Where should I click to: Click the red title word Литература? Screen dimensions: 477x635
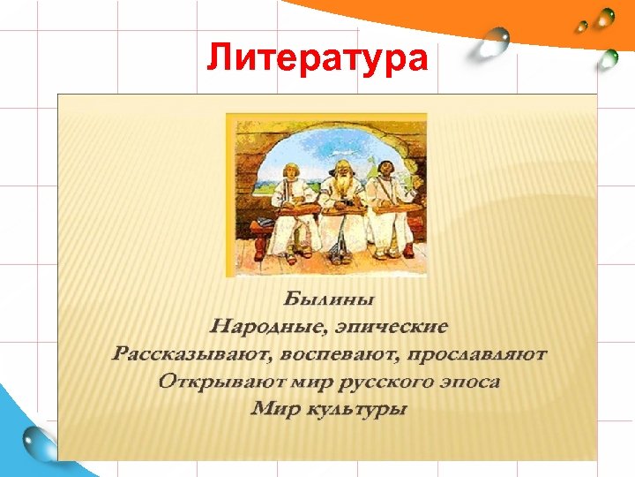pos(317,58)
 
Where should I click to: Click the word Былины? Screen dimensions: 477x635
pos(328,295)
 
